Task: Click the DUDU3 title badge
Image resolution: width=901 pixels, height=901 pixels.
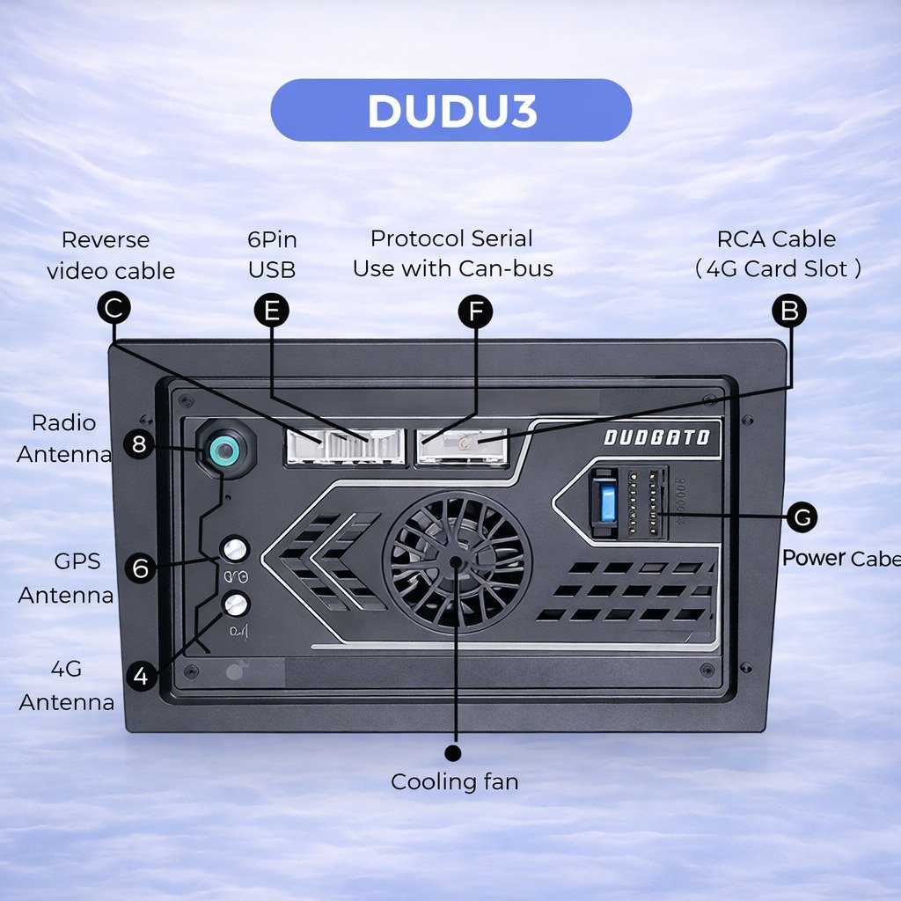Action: coord(451,111)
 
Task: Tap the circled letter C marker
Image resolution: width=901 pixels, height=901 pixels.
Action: coord(114,310)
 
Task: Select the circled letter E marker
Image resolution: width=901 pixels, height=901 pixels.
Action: coord(271,311)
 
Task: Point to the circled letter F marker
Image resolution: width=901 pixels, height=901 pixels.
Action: coord(476,311)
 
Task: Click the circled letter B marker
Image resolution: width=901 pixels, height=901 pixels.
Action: coord(789,311)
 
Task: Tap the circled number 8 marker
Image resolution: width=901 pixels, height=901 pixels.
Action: coord(139,444)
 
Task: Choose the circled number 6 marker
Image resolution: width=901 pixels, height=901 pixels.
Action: coord(141,568)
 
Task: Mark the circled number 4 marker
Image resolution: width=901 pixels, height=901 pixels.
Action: coord(142,677)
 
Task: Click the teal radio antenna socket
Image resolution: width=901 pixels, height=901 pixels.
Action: coord(225,452)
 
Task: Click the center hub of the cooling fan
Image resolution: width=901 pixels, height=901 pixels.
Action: coord(456,560)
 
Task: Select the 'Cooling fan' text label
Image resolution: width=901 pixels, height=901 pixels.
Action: coord(454,781)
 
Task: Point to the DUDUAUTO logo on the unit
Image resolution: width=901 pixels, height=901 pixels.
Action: coord(656,437)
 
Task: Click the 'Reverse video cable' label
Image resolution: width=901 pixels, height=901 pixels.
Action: coord(111,255)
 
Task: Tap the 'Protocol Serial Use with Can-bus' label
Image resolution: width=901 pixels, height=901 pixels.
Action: coord(452,253)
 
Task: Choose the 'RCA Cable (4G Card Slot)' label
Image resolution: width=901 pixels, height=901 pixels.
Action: coord(777,253)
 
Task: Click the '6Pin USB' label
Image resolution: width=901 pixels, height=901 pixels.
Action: coord(272,254)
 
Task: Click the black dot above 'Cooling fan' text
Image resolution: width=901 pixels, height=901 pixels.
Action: coord(453,753)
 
